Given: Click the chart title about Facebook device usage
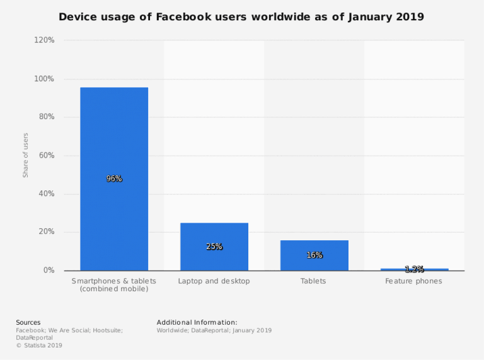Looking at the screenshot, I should [241, 17].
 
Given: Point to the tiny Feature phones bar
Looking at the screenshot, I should [414, 269].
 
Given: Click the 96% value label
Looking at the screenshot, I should [114, 178].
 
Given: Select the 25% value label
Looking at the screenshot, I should [214, 247].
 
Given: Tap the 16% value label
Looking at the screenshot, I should [314, 255].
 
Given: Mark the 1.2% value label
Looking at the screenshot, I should [414, 269].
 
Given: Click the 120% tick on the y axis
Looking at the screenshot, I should [44, 40].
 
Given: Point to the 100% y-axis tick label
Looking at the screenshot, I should [44, 79].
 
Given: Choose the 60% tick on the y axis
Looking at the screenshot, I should [46, 155].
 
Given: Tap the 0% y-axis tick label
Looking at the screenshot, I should [49, 270].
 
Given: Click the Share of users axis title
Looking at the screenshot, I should [26, 155].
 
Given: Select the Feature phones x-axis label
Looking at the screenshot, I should [414, 281].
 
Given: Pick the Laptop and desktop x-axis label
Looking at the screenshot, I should [214, 281].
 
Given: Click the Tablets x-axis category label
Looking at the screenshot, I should [314, 281].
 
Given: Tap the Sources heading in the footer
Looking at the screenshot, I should [28, 323].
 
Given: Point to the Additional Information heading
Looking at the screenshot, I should [197, 323].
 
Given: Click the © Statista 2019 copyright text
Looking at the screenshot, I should [39, 345].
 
